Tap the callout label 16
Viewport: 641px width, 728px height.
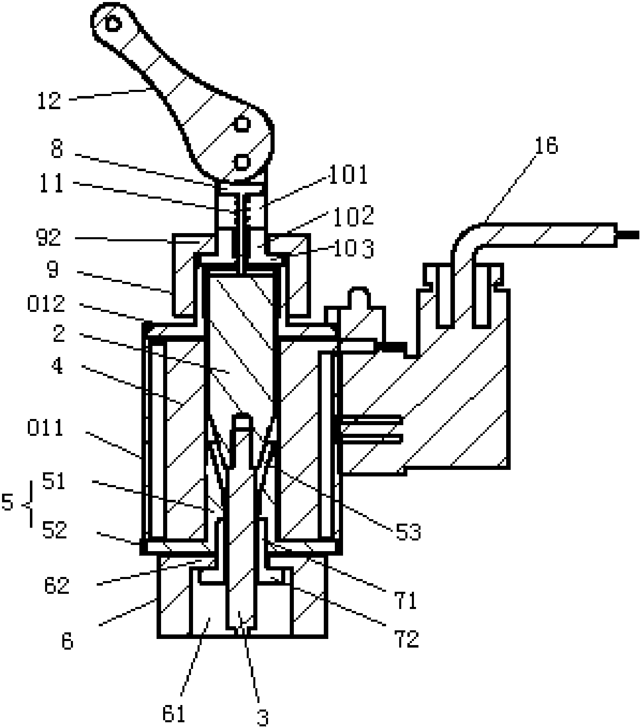pos(546,146)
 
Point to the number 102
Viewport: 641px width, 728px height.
pos(353,215)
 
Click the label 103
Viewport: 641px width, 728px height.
pos(352,249)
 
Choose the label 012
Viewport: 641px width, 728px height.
pos(46,304)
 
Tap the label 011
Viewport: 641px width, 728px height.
pos(45,428)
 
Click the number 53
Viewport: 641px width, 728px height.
pos(408,532)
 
